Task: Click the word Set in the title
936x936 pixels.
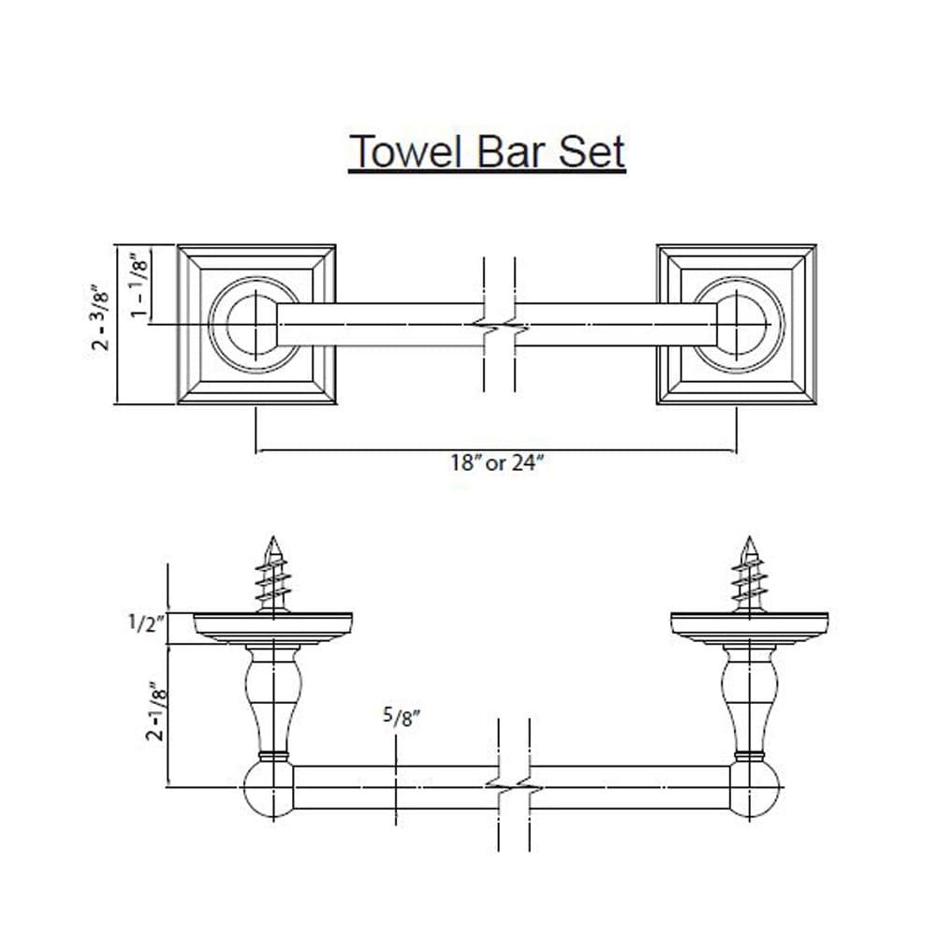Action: tap(593, 151)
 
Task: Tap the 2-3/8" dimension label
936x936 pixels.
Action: tap(101, 319)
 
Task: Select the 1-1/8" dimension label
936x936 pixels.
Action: tap(139, 285)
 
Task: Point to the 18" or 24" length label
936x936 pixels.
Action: tap(496, 464)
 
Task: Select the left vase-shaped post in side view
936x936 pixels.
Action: tap(273, 698)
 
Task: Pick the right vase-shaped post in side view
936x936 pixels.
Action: tap(749, 698)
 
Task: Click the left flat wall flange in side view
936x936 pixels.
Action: tap(272, 628)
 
